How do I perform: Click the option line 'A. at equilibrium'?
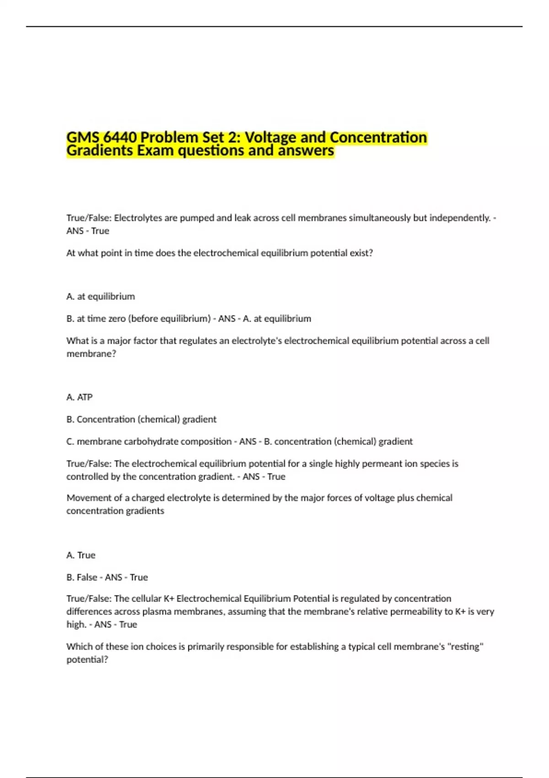pyautogui.click(x=101, y=297)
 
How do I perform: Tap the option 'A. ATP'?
pyautogui.click(x=80, y=397)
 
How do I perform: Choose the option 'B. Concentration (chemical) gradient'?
pyautogui.click(x=141, y=419)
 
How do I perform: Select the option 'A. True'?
pyautogui.click(x=81, y=555)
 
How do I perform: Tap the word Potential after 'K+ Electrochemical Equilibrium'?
pyautogui.click(x=311, y=599)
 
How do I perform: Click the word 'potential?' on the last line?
pyautogui.click(x=87, y=659)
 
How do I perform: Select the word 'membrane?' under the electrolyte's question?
pyautogui.click(x=91, y=354)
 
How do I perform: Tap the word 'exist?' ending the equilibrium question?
pyautogui.click(x=361, y=253)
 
